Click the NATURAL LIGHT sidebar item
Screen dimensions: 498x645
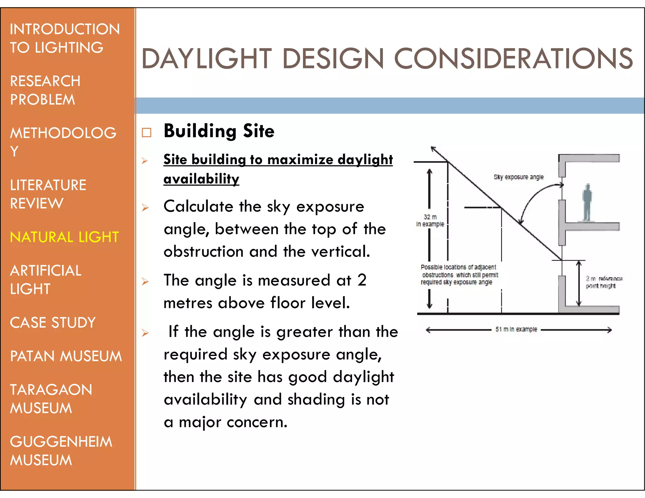(x=64, y=237)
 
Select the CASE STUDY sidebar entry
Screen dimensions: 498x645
(x=53, y=323)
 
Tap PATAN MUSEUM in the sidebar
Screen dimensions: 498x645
(x=66, y=356)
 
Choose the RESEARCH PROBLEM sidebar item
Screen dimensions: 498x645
(x=45, y=90)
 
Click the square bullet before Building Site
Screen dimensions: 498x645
(x=146, y=133)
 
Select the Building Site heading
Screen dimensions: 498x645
(x=219, y=131)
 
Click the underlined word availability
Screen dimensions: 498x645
(x=201, y=179)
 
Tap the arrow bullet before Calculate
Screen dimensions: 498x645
(x=145, y=207)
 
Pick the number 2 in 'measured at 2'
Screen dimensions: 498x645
(x=362, y=280)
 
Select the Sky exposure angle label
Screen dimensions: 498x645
(x=518, y=177)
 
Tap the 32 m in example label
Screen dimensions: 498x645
(x=430, y=220)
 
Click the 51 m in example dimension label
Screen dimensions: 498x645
(x=516, y=329)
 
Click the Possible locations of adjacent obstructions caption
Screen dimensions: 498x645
(x=459, y=274)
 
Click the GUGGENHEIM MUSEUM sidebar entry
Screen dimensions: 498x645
(x=61, y=451)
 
